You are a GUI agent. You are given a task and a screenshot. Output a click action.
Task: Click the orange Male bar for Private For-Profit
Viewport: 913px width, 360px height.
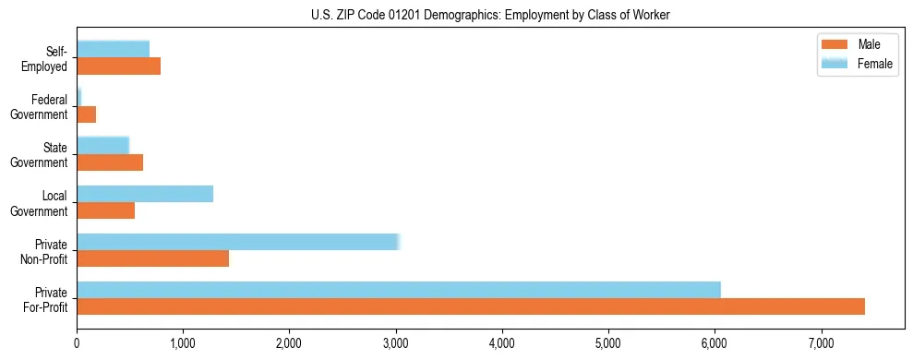[471, 306]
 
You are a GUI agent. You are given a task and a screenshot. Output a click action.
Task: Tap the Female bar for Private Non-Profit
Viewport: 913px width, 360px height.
[237, 242]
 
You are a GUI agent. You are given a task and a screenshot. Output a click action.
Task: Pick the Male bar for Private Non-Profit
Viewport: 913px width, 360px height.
[152, 258]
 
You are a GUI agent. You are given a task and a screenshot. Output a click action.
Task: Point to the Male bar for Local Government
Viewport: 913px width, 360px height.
[105, 210]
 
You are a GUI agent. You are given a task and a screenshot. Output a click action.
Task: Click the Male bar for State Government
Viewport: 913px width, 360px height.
[110, 162]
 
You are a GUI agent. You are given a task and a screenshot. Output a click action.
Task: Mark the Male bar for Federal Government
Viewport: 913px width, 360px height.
[86, 114]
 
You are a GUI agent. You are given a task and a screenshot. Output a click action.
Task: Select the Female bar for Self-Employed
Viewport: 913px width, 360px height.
[113, 49]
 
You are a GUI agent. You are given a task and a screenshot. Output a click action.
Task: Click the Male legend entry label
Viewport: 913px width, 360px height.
[869, 44]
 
